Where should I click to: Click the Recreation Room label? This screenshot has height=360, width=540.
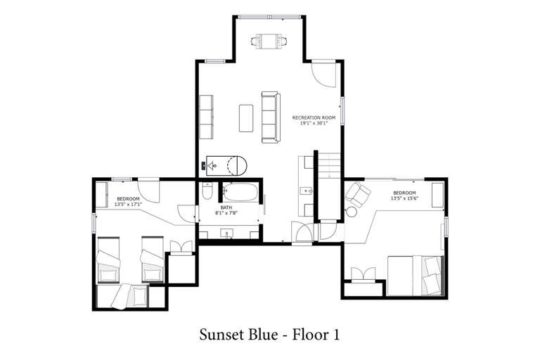[314, 117]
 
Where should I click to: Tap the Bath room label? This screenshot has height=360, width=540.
[226, 207]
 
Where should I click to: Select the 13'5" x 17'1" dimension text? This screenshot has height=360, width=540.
[128, 205]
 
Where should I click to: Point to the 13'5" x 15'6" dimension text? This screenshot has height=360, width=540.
[404, 198]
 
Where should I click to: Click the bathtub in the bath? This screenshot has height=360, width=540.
[240, 192]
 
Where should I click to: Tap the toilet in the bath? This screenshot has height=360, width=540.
[207, 191]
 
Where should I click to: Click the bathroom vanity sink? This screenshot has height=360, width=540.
[227, 233]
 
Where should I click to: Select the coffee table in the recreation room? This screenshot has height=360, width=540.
[246, 118]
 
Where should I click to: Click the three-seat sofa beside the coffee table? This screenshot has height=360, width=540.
[271, 117]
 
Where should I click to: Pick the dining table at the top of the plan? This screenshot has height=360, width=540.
[269, 41]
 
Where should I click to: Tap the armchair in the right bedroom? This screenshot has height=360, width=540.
[358, 195]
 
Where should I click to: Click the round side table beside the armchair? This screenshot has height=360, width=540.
[352, 212]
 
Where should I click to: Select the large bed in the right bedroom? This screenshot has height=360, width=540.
[415, 276]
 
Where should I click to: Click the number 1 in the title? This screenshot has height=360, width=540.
[336, 335]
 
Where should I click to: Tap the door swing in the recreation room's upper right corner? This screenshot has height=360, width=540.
[323, 75]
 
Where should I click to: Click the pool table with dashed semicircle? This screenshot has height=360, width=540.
[226, 165]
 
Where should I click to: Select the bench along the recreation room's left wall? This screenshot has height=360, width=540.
[206, 117]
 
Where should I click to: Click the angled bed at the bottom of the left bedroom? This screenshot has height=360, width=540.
[130, 296]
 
